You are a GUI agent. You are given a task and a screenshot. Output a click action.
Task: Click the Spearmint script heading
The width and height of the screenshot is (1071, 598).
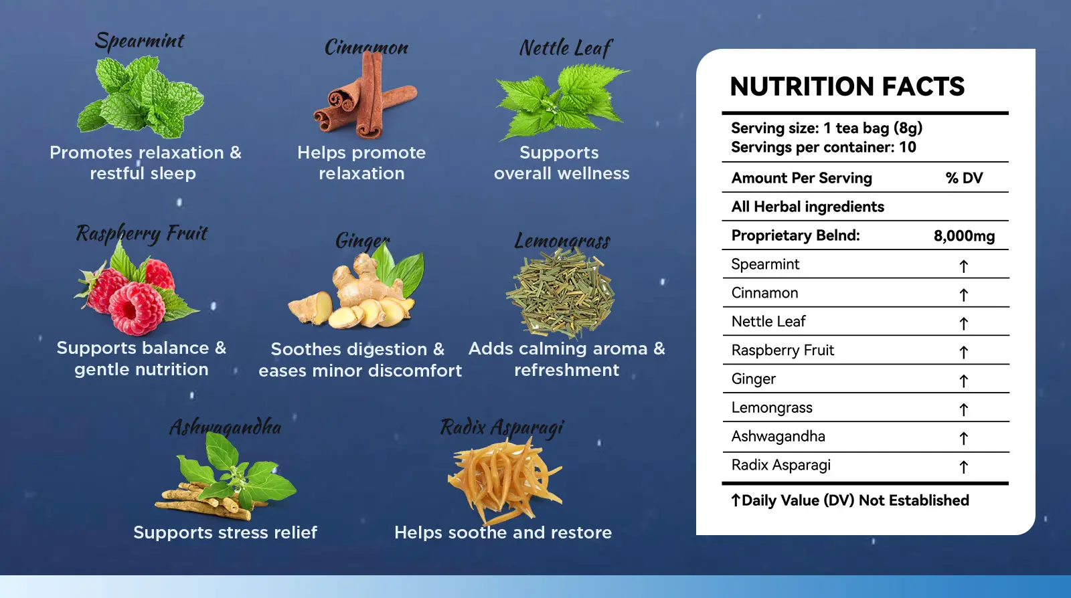pos(139,41)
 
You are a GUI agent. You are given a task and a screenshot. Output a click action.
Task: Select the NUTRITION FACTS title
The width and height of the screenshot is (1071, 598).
pos(847,87)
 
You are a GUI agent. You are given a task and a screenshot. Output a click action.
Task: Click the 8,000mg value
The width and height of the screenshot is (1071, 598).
pos(964,236)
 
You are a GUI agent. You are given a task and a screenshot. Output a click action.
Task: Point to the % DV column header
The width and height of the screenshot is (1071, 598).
pos(964,178)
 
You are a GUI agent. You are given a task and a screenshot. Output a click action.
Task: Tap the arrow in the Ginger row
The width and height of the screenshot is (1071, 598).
pos(963,381)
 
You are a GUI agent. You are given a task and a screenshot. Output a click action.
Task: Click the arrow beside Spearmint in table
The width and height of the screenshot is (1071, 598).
pos(963,266)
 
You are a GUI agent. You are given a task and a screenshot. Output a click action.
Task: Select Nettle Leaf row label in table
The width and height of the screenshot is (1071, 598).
pos(768,322)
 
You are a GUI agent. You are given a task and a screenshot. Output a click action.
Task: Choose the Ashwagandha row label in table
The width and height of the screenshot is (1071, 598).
pos(778,437)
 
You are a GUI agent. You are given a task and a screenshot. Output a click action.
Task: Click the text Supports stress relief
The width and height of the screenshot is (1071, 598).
pos(225,532)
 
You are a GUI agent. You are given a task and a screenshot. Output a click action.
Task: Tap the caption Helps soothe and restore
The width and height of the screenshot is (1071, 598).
pos(503,532)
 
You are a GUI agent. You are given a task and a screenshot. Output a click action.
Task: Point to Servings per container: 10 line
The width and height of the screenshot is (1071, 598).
pos(823,147)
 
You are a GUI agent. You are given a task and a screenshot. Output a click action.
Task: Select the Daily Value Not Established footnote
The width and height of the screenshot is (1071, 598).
pos(850,500)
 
